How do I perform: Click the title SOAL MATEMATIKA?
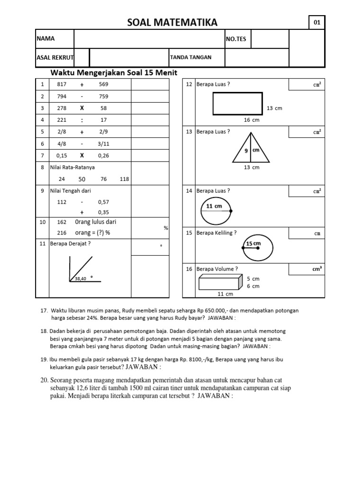pos(173,22)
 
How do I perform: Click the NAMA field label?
pos(45,39)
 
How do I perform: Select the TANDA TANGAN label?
pos(191,57)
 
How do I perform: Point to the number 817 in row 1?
pos(62,84)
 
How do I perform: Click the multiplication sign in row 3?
pos(82,108)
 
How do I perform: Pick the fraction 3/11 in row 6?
pos(103,144)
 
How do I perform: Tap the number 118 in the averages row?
pos(125,179)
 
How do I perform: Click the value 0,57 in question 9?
pos(103,202)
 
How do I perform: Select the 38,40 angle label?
pos(81,278)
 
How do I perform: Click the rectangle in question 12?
pos(237,103)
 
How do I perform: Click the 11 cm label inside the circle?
pos(214,206)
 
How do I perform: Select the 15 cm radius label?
pos(254,243)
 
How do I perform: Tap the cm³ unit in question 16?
pos(317,269)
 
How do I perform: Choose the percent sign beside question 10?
pos(166,228)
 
